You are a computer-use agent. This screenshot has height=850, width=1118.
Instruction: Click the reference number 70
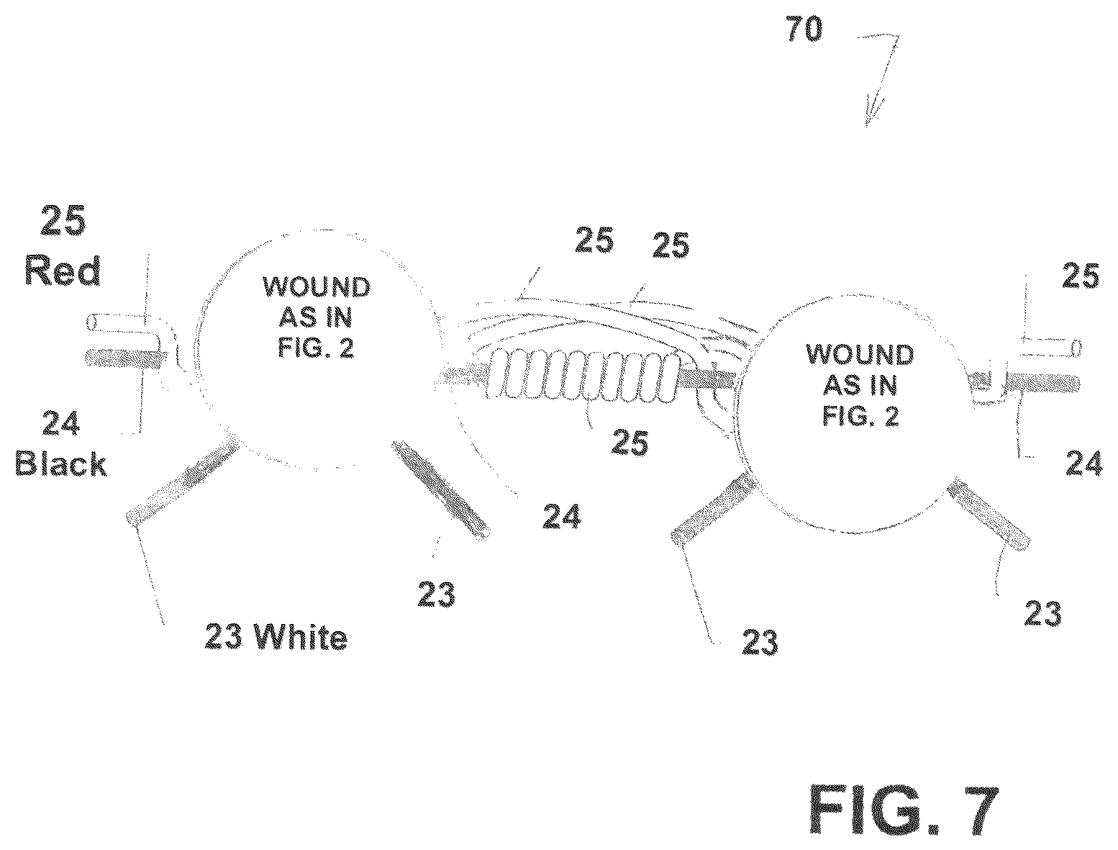click(804, 29)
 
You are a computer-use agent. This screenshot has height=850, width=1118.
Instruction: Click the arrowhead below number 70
click(872, 112)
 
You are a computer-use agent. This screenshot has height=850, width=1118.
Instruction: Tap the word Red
click(62, 271)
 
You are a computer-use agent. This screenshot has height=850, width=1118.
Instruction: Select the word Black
click(61, 463)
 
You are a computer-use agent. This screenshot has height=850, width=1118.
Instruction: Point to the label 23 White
click(276, 636)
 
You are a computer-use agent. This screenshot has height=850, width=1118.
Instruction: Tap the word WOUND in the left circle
click(317, 287)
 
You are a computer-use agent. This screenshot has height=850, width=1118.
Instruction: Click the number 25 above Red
click(63, 221)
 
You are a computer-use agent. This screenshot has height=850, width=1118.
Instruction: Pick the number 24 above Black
click(61, 423)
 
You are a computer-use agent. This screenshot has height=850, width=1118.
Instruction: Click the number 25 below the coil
click(630, 442)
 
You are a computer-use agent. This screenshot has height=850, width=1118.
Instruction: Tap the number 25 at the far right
click(1081, 276)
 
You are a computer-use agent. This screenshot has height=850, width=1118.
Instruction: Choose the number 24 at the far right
click(1084, 464)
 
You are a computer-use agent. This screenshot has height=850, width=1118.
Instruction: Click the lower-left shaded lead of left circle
click(182, 479)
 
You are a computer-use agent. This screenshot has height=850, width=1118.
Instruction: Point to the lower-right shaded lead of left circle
click(441, 490)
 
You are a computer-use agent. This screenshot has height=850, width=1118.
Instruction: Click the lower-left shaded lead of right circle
click(712, 507)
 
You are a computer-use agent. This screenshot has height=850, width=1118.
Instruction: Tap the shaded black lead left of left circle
click(126, 358)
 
